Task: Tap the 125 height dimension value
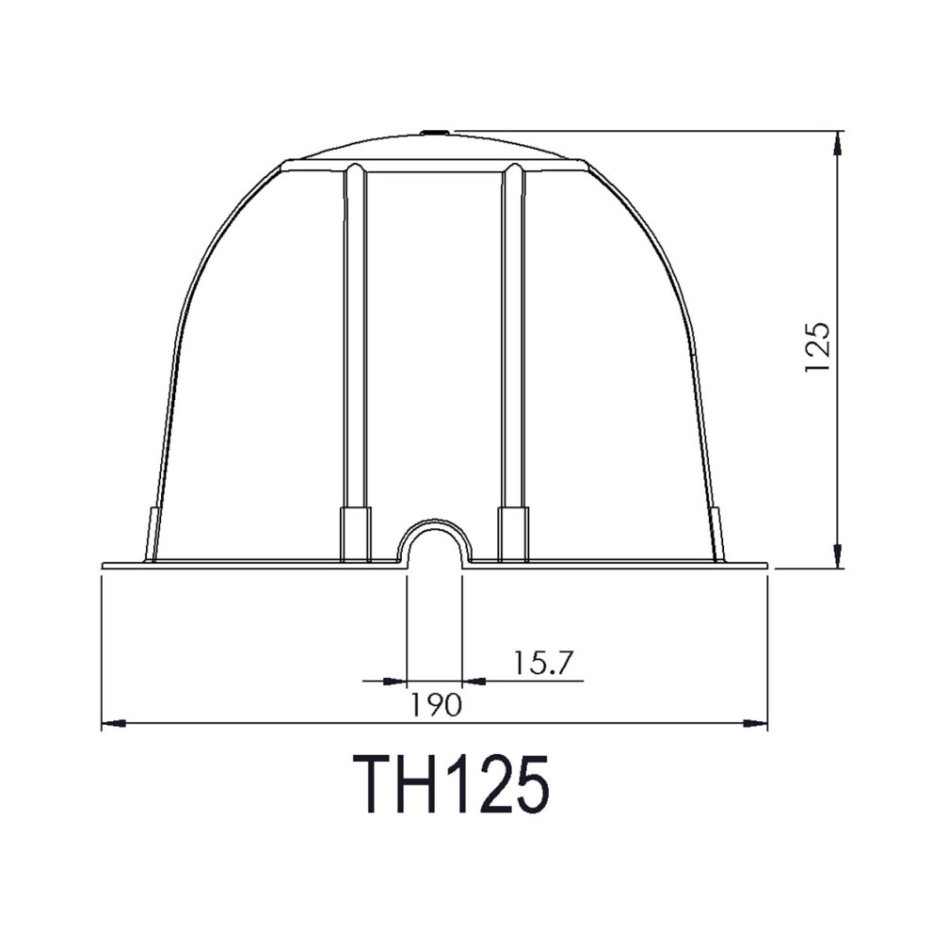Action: [x=815, y=347]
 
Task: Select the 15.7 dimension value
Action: [x=541, y=663]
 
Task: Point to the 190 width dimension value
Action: [x=436, y=705]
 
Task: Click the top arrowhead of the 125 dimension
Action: [x=837, y=143]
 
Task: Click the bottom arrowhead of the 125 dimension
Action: [x=837, y=555]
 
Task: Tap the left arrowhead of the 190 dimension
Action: [x=114, y=723]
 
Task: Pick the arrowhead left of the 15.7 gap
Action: [x=394, y=682]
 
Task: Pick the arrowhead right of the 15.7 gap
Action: [x=474, y=682]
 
